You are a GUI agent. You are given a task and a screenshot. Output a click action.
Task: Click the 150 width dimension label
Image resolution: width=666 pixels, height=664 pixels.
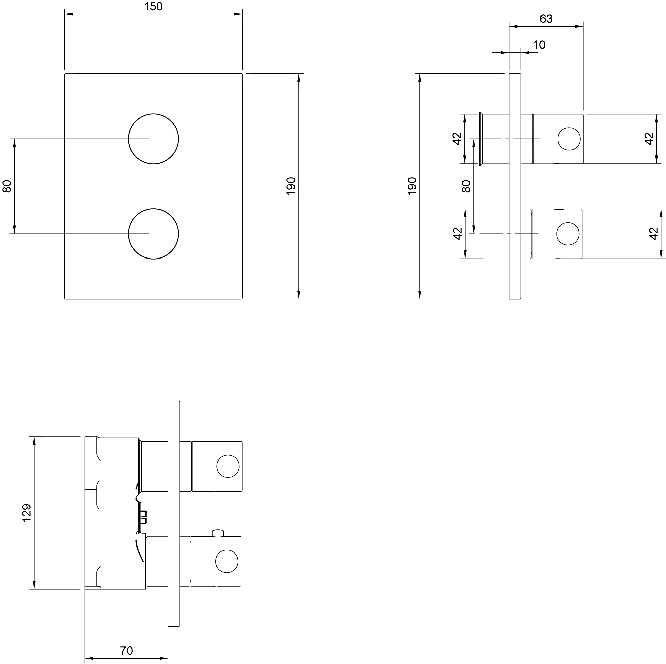coord(153,7)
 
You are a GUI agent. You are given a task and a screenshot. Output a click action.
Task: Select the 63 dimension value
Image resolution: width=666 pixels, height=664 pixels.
coord(546,19)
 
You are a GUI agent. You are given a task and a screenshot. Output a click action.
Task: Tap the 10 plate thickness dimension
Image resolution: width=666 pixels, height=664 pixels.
coord(539,45)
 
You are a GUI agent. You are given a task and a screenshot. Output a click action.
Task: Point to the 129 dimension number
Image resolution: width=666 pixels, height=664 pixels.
coord(27,513)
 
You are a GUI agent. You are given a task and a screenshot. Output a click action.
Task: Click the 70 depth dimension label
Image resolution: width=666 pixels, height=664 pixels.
coord(126,651)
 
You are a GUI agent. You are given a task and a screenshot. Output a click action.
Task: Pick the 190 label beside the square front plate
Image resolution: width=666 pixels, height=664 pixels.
coord(291,186)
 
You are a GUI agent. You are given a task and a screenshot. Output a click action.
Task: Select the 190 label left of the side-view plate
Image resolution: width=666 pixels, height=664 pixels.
coord(412,186)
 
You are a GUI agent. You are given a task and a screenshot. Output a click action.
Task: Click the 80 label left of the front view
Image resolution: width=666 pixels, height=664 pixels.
coord(7,186)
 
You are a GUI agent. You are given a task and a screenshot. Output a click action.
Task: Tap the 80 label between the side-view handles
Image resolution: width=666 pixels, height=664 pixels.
coord(466,186)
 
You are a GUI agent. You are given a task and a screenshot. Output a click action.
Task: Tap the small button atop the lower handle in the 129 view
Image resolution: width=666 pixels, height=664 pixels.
coord(218,533)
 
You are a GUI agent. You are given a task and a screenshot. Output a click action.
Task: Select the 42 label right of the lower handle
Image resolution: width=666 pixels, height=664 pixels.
coord(654,234)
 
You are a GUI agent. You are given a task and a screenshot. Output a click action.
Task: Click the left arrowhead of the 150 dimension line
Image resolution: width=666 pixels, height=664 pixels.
coord(69,14)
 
